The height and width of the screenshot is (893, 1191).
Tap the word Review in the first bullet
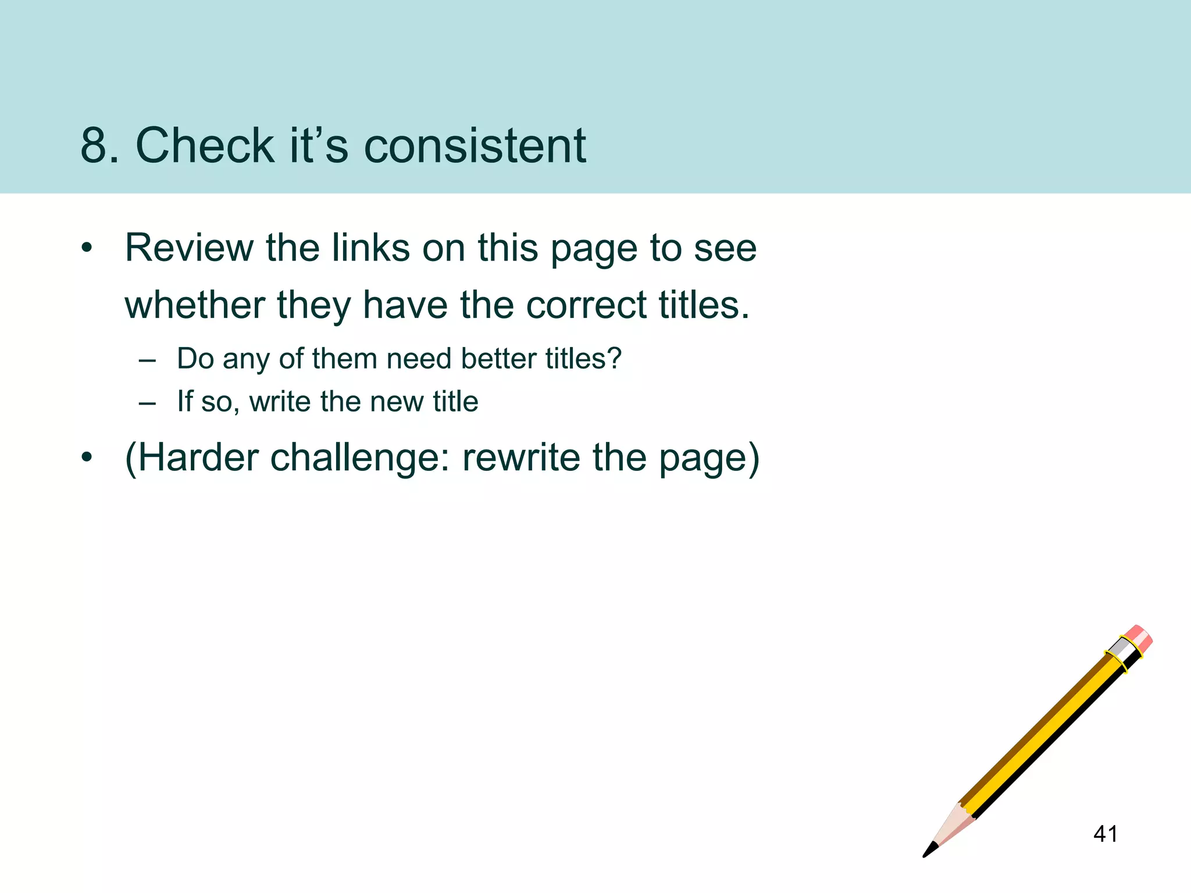pyautogui.click(x=189, y=248)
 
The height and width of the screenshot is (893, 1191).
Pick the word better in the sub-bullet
pyautogui.click(x=498, y=359)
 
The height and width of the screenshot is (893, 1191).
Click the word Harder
pyautogui.click(x=198, y=458)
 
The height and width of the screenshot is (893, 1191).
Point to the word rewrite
pyautogui.click(x=521, y=458)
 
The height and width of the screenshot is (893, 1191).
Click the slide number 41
pyautogui.click(x=1105, y=834)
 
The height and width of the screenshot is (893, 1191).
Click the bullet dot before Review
pyautogui.click(x=87, y=249)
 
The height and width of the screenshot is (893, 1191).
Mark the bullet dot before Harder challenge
pyautogui.click(x=87, y=458)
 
